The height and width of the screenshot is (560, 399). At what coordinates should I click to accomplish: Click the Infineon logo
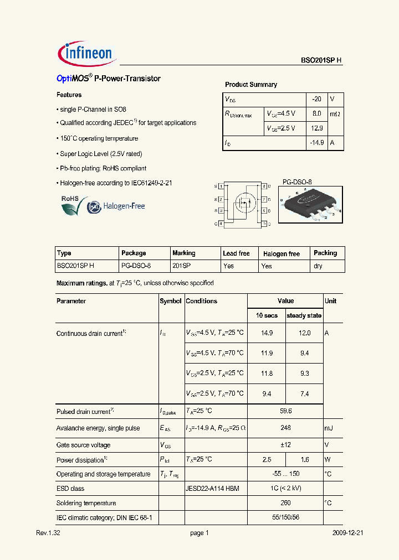coord(86,53)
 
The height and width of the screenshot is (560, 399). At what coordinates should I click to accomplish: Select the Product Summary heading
coord(250,85)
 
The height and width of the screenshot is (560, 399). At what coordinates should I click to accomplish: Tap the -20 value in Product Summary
coord(316,99)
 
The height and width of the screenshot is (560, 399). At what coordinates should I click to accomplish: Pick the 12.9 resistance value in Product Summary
coord(316,128)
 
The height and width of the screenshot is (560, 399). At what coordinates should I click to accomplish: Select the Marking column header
coord(183,253)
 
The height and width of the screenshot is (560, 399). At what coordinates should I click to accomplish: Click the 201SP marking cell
coord(181,266)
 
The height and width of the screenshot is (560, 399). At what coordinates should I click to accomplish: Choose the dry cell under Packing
coord(318,266)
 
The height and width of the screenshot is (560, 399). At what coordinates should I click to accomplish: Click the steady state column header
coord(304,315)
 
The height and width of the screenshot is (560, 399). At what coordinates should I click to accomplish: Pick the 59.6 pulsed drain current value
coord(285,411)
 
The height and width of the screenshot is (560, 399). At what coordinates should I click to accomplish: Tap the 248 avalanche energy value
coord(285,428)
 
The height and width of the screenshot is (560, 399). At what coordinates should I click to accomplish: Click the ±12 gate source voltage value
coord(285,445)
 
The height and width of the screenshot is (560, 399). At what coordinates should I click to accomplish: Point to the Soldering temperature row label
coord(86,503)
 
